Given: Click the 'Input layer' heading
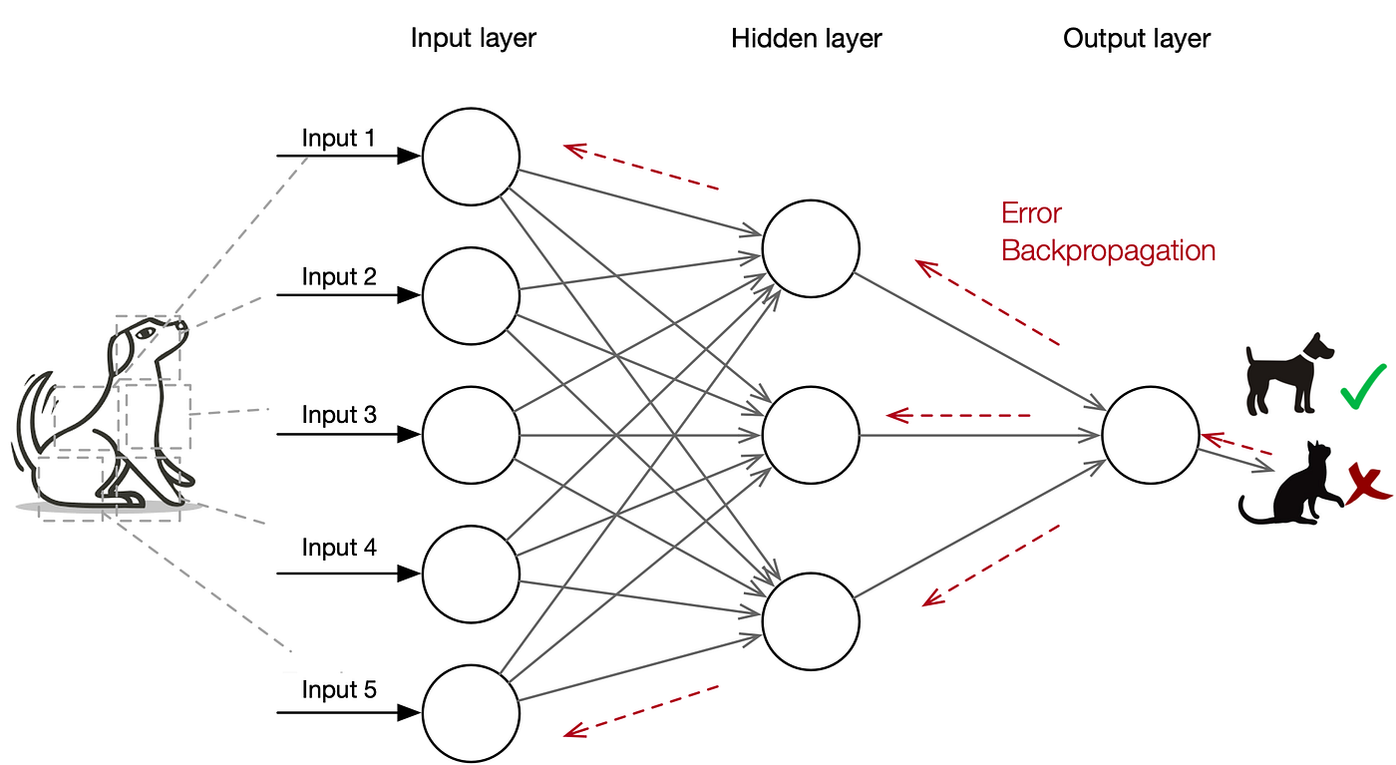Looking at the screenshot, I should point(473,39).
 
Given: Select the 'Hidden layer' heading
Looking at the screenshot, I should point(806,39).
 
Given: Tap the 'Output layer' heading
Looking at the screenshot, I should point(1136,39).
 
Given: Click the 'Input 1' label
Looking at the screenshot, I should point(339,139).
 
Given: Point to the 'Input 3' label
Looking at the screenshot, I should point(339,415).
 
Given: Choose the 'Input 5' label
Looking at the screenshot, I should point(339,690).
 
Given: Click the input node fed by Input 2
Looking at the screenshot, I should point(471,295).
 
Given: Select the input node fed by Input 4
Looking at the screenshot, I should point(471,573).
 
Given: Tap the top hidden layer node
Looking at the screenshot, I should point(811,248).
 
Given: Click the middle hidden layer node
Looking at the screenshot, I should point(811,435).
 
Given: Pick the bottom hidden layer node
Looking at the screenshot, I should point(811,620).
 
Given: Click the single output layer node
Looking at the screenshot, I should point(1151,435).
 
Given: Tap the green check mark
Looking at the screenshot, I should point(1363,386).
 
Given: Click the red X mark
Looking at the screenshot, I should point(1367,486).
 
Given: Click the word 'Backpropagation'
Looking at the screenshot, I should point(1108,250).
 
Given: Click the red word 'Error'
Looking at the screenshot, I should point(1031,213).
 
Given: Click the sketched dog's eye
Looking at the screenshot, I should point(150,332).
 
